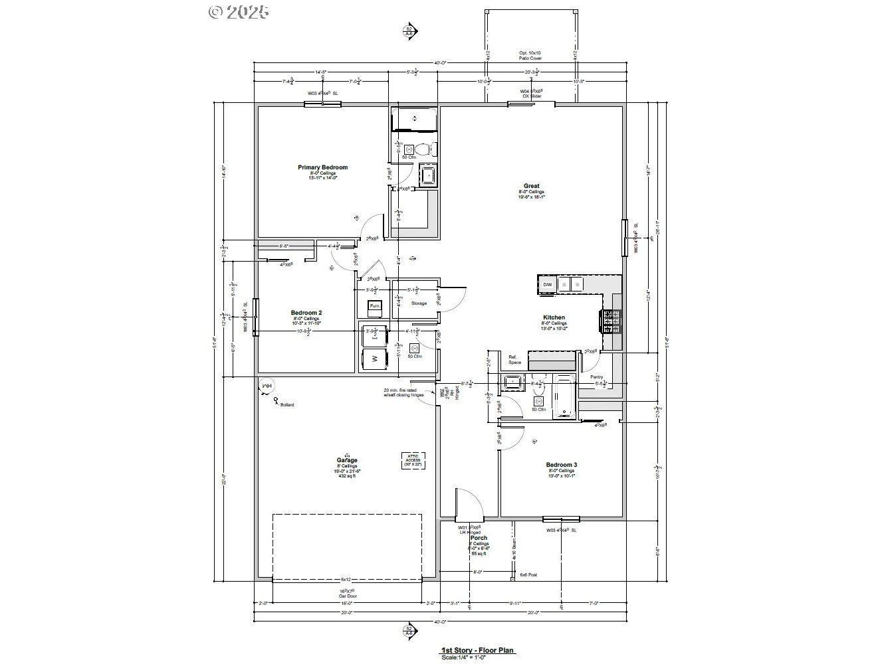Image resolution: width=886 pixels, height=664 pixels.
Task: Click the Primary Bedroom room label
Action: tap(322, 167)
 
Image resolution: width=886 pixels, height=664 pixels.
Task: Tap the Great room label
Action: tap(531, 186)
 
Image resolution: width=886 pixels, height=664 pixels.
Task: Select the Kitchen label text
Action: tap(554, 317)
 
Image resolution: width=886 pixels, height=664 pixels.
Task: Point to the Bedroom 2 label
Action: tap(306, 312)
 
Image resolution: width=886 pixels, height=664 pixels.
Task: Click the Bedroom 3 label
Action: tap(562, 465)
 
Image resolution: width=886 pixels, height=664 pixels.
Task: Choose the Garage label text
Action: tap(346, 460)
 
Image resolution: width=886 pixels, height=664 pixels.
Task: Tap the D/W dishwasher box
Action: tap(547, 285)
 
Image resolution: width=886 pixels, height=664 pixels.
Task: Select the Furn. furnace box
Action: tap(375, 306)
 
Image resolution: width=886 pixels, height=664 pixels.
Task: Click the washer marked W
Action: tap(374, 359)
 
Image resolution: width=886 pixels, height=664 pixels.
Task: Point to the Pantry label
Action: tap(597, 376)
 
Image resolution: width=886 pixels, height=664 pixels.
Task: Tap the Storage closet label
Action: tap(419, 303)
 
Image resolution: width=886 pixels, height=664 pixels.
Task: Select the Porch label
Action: tap(479, 538)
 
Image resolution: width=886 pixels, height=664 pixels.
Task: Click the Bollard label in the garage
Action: tap(286, 404)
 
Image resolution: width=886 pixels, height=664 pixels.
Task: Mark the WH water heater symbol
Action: tap(267, 386)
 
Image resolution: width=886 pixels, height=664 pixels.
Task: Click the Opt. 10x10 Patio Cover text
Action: tap(530, 56)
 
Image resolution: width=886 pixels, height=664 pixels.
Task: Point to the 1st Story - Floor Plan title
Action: tap(478, 651)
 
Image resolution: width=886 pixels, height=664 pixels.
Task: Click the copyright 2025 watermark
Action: tap(239, 11)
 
